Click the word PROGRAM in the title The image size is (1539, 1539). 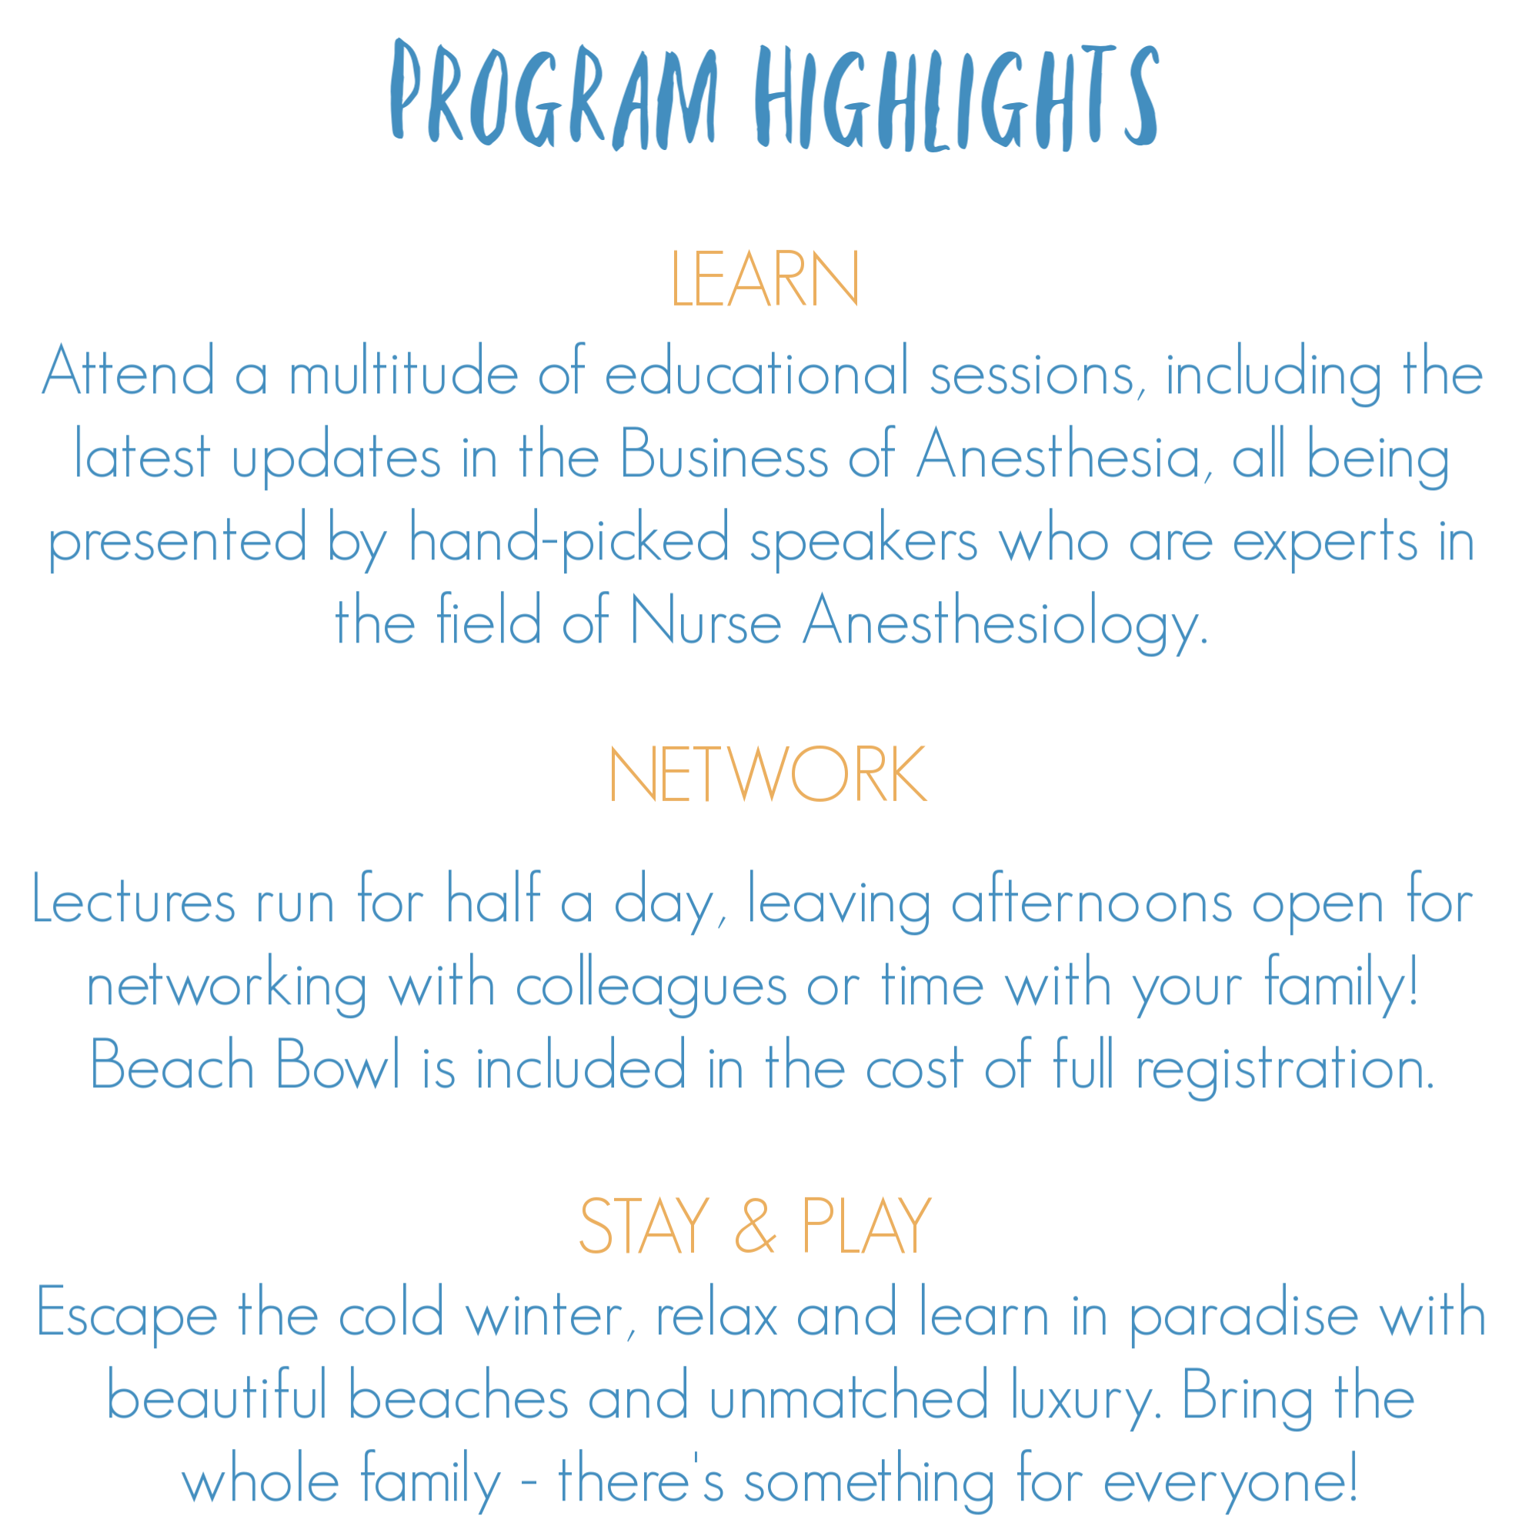(x=553, y=94)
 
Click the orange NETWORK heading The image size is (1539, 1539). (x=768, y=773)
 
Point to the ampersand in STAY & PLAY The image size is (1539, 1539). (x=754, y=1225)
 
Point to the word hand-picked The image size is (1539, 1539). (x=569, y=539)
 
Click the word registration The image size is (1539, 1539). (x=1285, y=1067)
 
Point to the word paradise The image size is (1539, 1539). (x=1244, y=1314)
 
